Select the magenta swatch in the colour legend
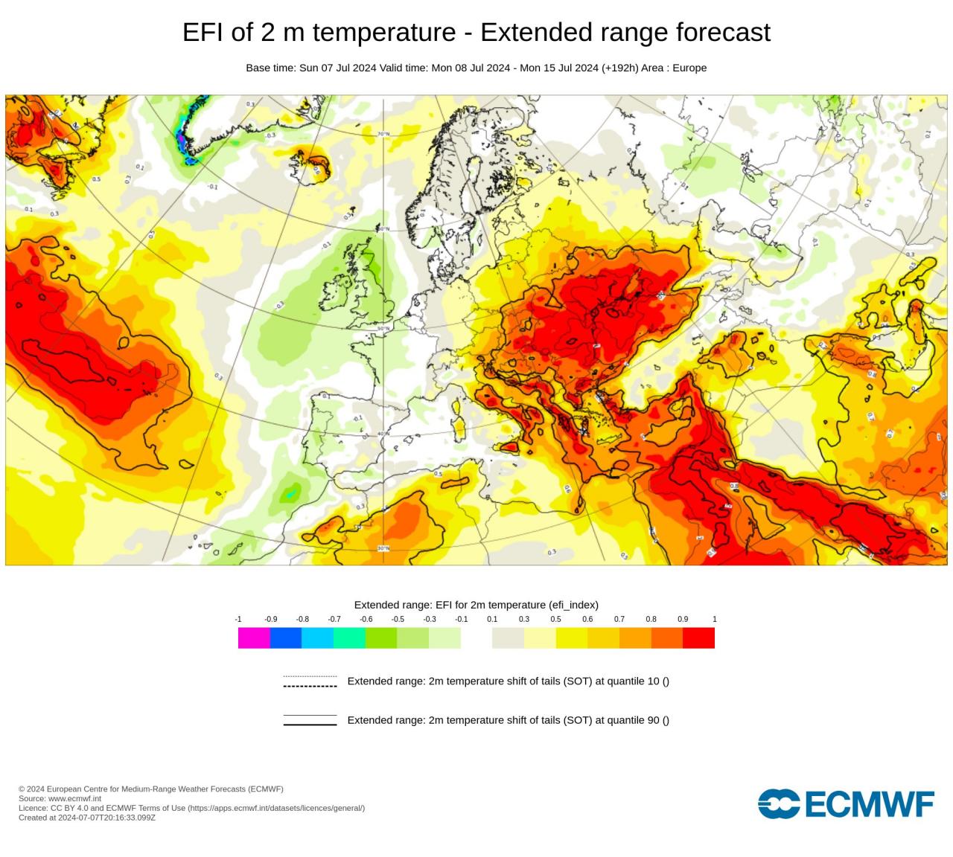click(253, 638)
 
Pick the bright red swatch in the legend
click(698, 638)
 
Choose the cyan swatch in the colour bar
click(317, 638)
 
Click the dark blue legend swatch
click(285, 638)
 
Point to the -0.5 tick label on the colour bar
click(398, 619)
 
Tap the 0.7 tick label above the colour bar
click(619, 619)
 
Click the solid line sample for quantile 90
click(310, 720)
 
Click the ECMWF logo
click(846, 804)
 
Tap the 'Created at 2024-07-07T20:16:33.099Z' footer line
click(87, 818)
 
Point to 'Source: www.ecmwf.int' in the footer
click(60, 798)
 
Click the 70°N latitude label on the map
click(383, 134)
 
